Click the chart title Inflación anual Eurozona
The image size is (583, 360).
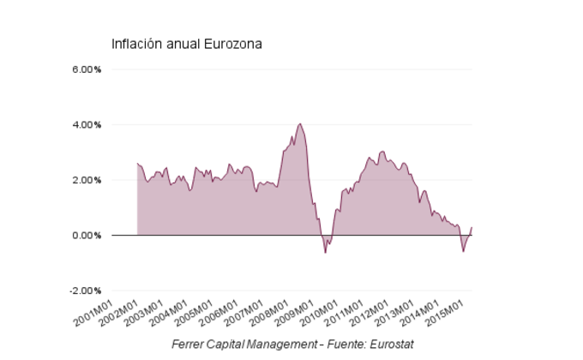(187, 44)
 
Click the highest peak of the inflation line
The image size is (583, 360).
(299, 123)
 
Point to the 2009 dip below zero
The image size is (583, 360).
(325, 252)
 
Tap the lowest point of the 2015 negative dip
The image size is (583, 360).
(463, 251)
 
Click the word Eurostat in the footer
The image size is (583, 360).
(391, 344)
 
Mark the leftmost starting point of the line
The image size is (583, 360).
(137, 163)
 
